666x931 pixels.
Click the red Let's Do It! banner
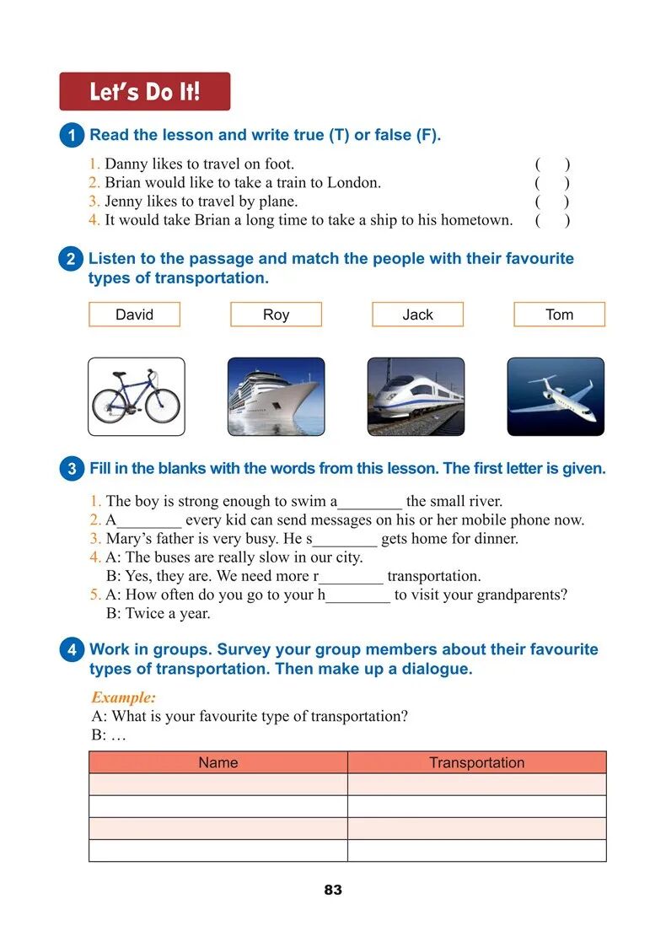144,91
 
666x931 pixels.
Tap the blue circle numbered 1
72,136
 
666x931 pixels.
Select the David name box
134,315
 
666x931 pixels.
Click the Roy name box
276,315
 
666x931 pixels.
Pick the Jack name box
417,315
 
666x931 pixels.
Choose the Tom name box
559,315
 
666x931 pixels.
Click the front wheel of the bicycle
162,404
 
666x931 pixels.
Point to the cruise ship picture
276,396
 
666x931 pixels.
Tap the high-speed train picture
416,396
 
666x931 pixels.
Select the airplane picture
555,396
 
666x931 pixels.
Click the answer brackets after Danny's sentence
552,164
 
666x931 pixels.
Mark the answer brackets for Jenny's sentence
552,202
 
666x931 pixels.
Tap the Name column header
218,762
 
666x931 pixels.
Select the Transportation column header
476,762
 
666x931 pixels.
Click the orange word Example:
123,698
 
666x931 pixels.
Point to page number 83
333,890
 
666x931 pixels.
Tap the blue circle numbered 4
72,650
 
